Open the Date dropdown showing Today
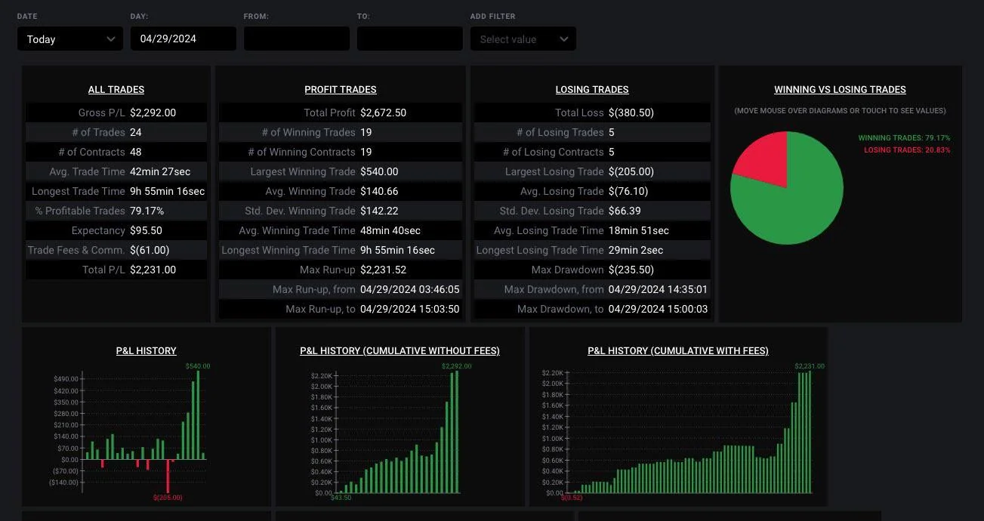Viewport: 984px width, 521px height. tap(69, 39)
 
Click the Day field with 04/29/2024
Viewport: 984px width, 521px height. tap(183, 39)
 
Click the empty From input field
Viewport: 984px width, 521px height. tap(296, 39)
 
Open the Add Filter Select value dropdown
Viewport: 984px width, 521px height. tap(523, 39)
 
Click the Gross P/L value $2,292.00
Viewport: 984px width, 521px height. tap(153, 113)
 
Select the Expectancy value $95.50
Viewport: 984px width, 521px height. tap(146, 230)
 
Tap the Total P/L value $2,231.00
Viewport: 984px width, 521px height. tap(153, 270)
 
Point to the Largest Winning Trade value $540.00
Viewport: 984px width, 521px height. tap(379, 171)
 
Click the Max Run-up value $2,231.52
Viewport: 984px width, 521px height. tap(383, 270)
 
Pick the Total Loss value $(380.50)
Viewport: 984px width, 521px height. tap(631, 113)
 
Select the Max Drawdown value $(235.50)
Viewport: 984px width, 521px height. tap(631, 270)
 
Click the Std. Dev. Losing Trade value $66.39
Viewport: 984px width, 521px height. tap(624, 211)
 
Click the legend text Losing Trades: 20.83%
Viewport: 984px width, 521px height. tap(907, 150)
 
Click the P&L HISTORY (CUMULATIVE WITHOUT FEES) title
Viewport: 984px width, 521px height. tap(399, 350)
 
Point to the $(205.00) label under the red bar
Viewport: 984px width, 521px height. tap(168, 498)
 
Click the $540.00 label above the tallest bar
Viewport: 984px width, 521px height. tap(198, 366)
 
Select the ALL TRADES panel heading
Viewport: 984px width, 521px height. tap(116, 89)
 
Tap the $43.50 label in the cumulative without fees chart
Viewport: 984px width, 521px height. tap(341, 498)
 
